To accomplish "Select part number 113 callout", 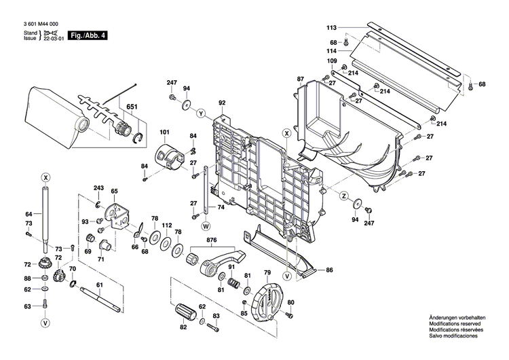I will coord(331,28).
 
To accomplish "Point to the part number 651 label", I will coord(131,106).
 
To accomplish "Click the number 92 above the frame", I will coord(221,103).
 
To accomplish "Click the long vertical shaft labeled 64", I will coord(45,214).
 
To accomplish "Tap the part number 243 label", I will coord(98,188).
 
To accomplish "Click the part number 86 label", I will coord(329,270).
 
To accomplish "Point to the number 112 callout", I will coord(167,225).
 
